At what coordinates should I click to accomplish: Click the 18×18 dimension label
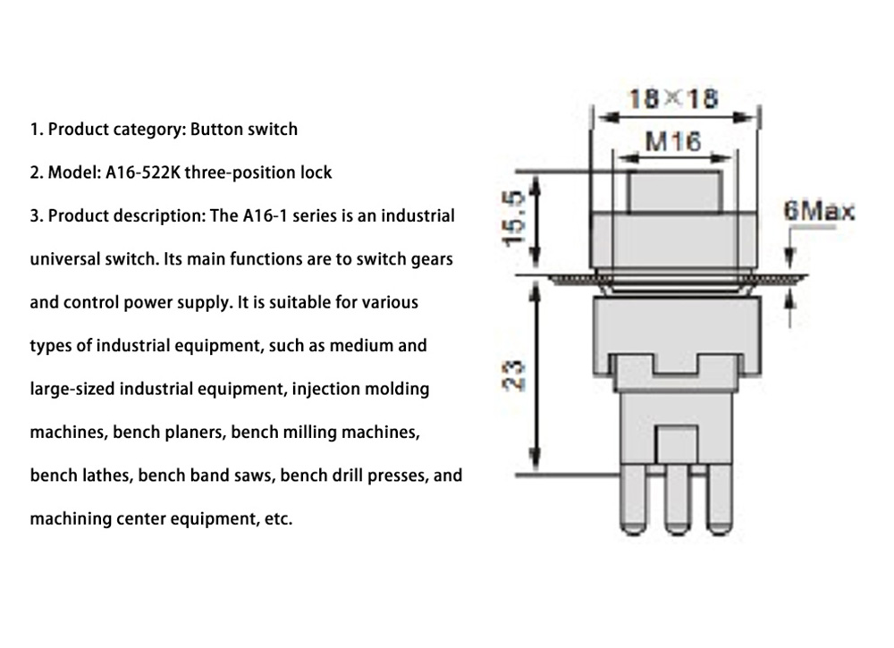click(673, 97)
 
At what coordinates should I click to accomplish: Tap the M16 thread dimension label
click(672, 140)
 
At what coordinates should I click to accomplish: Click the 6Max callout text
click(818, 212)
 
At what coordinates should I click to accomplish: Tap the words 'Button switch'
click(243, 130)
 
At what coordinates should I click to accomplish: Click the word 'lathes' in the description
click(107, 475)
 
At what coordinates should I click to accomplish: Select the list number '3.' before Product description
click(37, 216)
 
